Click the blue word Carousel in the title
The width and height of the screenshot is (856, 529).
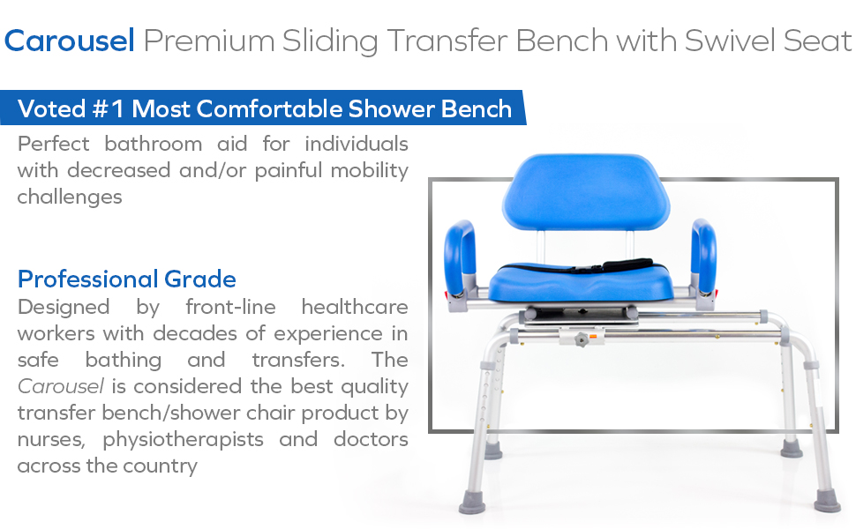(x=70, y=41)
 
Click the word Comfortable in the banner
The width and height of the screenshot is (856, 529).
(x=270, y=109)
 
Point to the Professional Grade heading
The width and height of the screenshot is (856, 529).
(x=127, y=279)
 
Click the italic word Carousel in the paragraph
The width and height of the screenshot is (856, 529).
(x=61, y=387)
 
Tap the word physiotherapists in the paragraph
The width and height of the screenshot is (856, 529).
(x=183, y=440)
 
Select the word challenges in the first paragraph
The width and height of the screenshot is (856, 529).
(x=70, y=197)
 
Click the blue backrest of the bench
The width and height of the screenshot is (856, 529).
(x=586, y=192)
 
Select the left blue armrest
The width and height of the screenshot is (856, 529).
(x=460, y=257)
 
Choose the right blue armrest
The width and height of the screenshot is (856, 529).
(x=703, y=256)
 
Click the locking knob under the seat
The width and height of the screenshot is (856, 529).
(x=582, y=340)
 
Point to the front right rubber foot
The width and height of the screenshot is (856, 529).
(x=827, y=501)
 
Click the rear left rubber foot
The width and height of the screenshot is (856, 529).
(x=493, y=451)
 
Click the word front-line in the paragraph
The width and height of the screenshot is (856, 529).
(x=230, y=307)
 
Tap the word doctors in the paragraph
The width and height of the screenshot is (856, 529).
(x=371, y=440)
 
